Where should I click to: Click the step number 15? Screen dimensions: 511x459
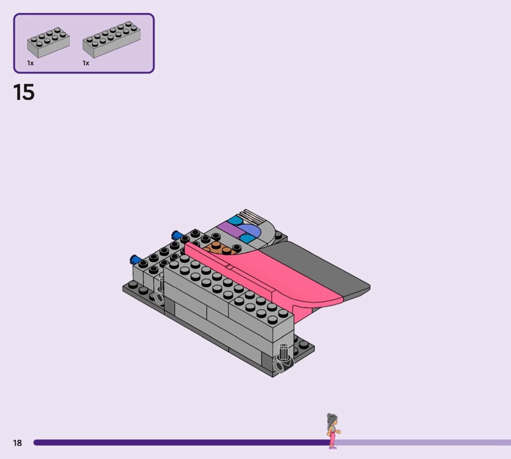tap(24, 92)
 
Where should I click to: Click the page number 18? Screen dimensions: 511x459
tap(17, 442)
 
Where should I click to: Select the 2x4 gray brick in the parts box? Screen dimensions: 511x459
tap(49, 42)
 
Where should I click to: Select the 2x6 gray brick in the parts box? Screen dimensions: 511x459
tap(111, 40)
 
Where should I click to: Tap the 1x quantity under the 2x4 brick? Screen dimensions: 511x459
tap(30, 63)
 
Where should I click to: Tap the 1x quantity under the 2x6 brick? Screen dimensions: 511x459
tap(86, 63)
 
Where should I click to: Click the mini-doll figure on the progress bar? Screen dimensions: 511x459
tap(333, 431)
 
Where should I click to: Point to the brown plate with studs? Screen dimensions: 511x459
tap(220, 249)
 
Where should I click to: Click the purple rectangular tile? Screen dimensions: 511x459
tap(230, 229)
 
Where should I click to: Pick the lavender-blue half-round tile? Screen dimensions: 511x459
tap(250, 231)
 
